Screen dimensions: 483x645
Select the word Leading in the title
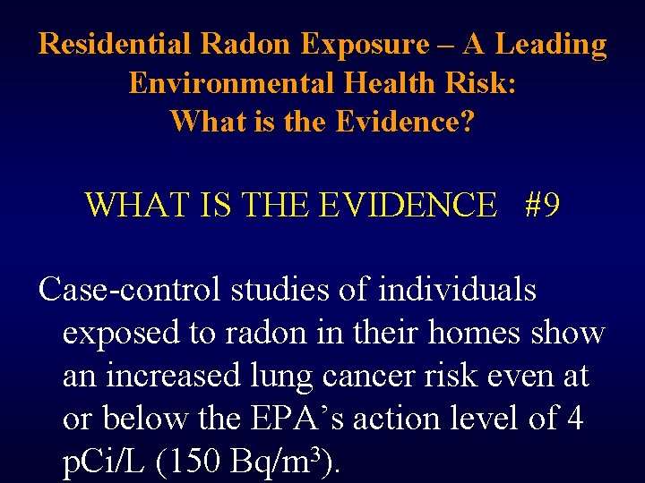coord(551,44)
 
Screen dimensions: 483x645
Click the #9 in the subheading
coord(543,205)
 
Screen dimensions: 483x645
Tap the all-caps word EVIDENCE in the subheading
coord(407,205)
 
